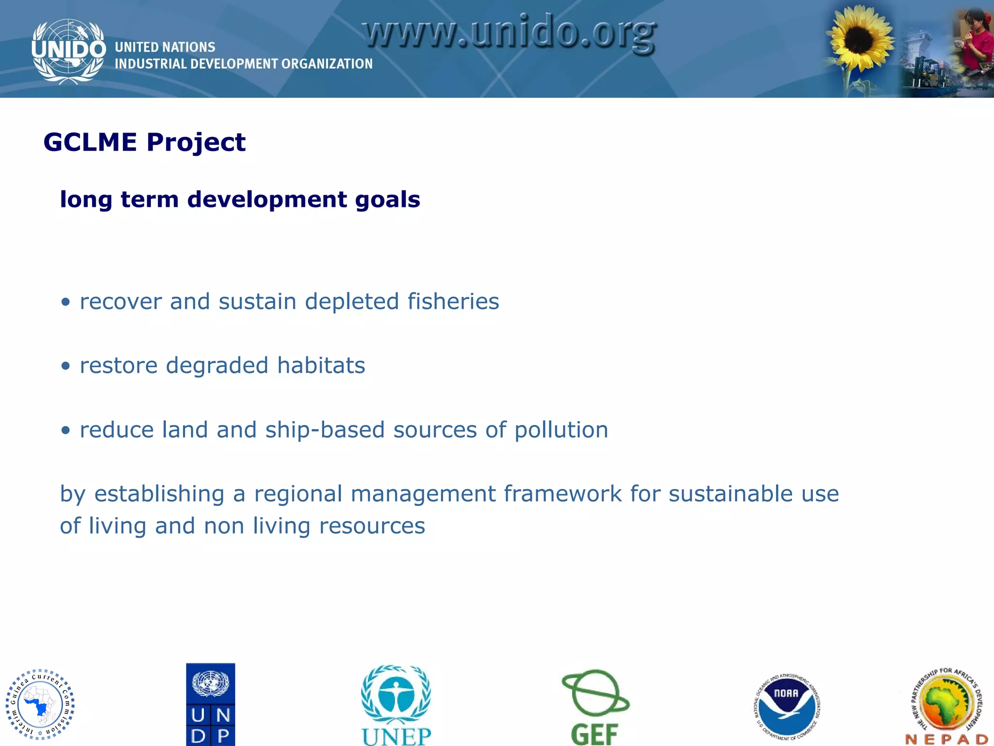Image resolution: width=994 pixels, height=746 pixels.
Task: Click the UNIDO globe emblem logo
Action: click(68, 51)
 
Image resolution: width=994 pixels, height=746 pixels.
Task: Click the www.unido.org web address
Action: click(510, 33)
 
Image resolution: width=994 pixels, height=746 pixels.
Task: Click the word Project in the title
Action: click(196, 143)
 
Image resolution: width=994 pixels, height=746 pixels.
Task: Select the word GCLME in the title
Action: click(90, 143)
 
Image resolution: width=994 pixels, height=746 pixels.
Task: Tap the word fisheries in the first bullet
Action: click(453, 302)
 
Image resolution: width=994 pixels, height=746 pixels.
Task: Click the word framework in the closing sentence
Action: click(563, 494)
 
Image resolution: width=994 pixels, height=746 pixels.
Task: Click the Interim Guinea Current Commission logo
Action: click(40, 704)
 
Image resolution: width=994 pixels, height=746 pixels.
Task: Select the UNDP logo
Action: click(211, 704)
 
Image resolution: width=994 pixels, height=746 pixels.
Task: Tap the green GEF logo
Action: click(595, 707)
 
